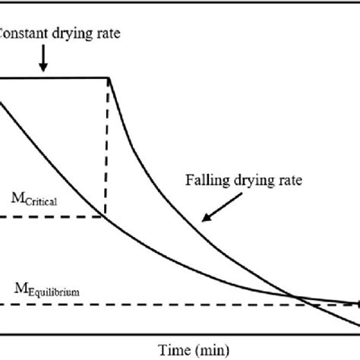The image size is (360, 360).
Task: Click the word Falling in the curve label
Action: [204, 180]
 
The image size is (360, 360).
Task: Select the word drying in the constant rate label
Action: [81, 35]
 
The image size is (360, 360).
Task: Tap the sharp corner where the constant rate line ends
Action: [111, 77]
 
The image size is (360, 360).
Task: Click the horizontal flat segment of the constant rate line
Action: [61, 77]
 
